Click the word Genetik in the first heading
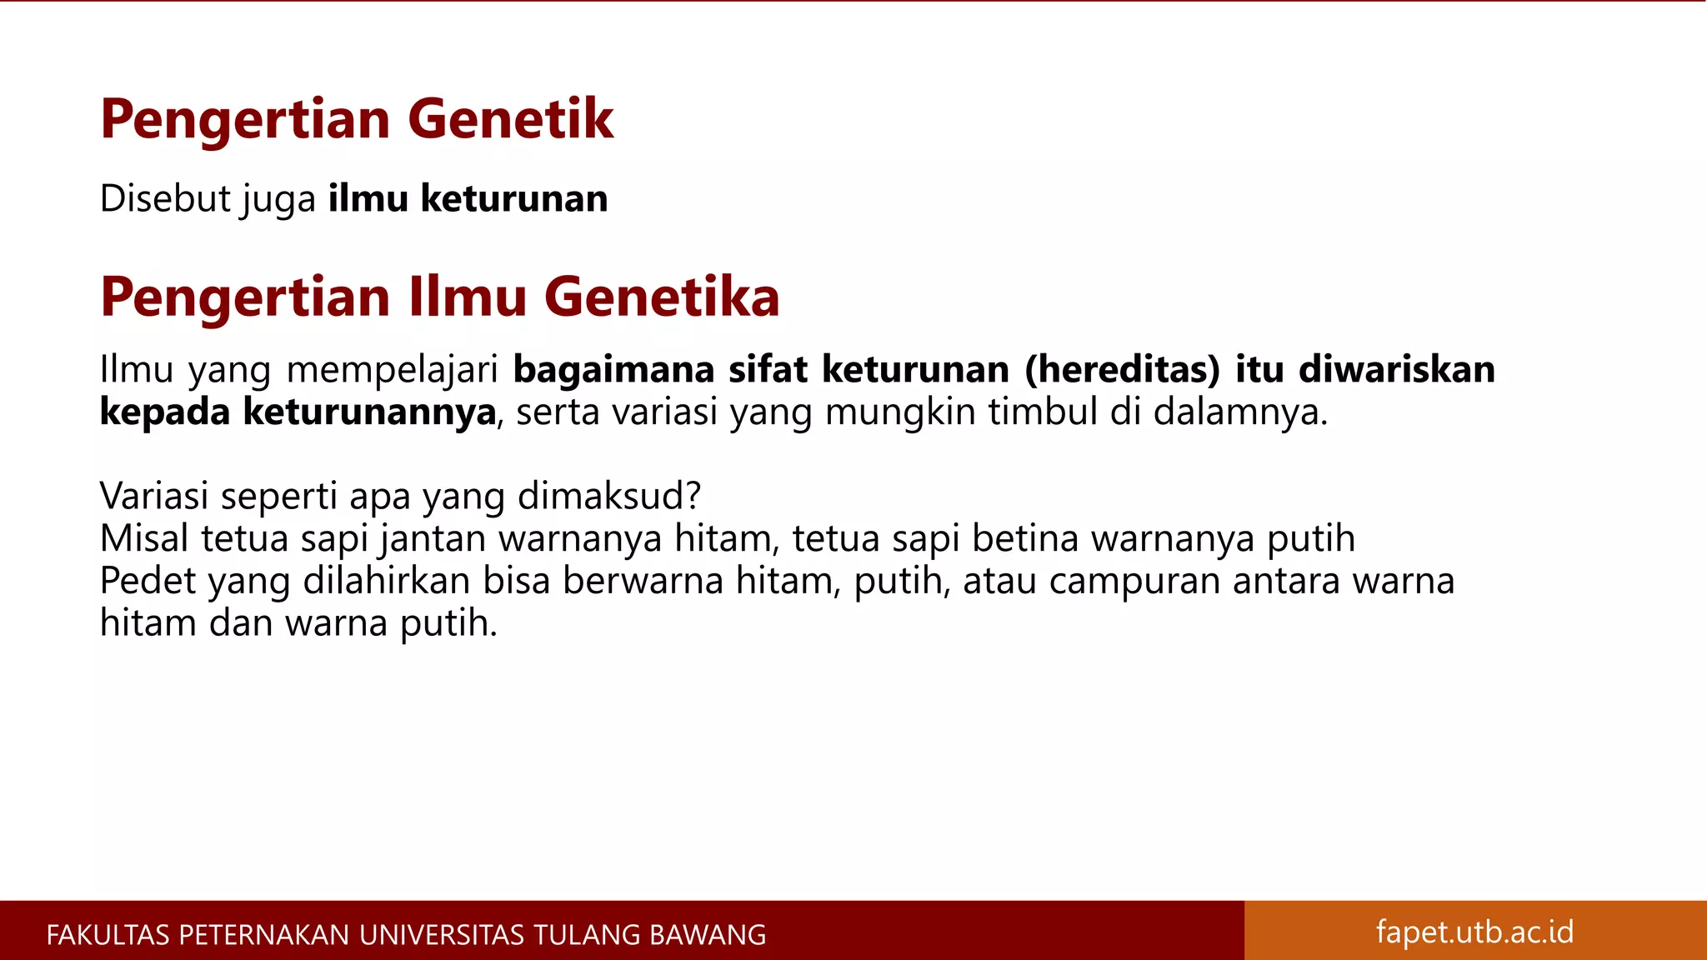[510, 119]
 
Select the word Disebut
[165, 199]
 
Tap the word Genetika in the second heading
[662, 297]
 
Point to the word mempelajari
[393, 370]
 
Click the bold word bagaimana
[613, 370]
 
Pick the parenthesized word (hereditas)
[1122, 370]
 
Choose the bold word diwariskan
[1397, 370]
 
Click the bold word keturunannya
[369, 412]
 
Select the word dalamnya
[1240, 412]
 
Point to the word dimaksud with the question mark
[609, 497]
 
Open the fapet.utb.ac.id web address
[1474, 932]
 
